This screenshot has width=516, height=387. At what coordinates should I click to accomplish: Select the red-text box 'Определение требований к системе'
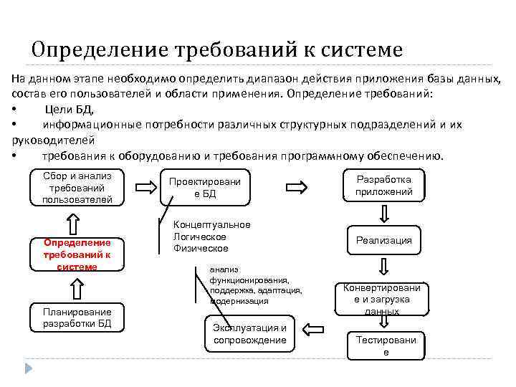77,254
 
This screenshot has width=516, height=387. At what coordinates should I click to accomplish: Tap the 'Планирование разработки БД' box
77,317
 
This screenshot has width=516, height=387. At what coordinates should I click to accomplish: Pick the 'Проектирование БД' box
204,188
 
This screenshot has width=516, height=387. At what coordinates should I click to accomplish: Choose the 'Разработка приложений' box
385,186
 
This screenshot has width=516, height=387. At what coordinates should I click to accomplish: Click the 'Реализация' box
385,241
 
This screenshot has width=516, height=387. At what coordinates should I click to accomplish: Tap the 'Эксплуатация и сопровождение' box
249,333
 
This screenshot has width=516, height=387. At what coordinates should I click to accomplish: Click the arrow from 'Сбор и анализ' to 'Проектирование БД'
145,188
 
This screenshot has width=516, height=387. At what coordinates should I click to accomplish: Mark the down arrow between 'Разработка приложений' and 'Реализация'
385,213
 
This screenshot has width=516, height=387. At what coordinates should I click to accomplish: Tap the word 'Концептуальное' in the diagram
212,225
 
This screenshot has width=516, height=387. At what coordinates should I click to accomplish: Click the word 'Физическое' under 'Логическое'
201,248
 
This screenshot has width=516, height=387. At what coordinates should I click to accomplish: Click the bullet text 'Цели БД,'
70,109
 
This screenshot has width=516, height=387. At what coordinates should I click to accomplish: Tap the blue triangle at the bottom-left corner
29,368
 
